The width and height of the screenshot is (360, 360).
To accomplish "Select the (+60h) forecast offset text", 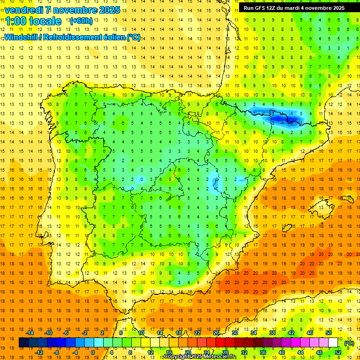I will coord(81,21).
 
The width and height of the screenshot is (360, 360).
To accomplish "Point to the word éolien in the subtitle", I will coord(110,37).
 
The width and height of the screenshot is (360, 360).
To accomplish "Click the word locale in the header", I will coord(45,21).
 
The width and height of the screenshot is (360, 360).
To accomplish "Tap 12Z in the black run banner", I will coord(274,8).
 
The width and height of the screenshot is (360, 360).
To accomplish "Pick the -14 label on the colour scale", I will coord(30,333).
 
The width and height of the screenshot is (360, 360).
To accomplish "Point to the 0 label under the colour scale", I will coord(93,352).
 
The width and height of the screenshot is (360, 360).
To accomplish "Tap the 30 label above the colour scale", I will coord(234,333).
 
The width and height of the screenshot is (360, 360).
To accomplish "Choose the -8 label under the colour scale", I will coord(57,352).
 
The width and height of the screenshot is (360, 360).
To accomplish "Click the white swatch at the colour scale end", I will coord(333,343).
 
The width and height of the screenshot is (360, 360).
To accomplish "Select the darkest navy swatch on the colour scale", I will coord(23,343).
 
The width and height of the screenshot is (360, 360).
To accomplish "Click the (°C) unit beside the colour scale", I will coord(349,343).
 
